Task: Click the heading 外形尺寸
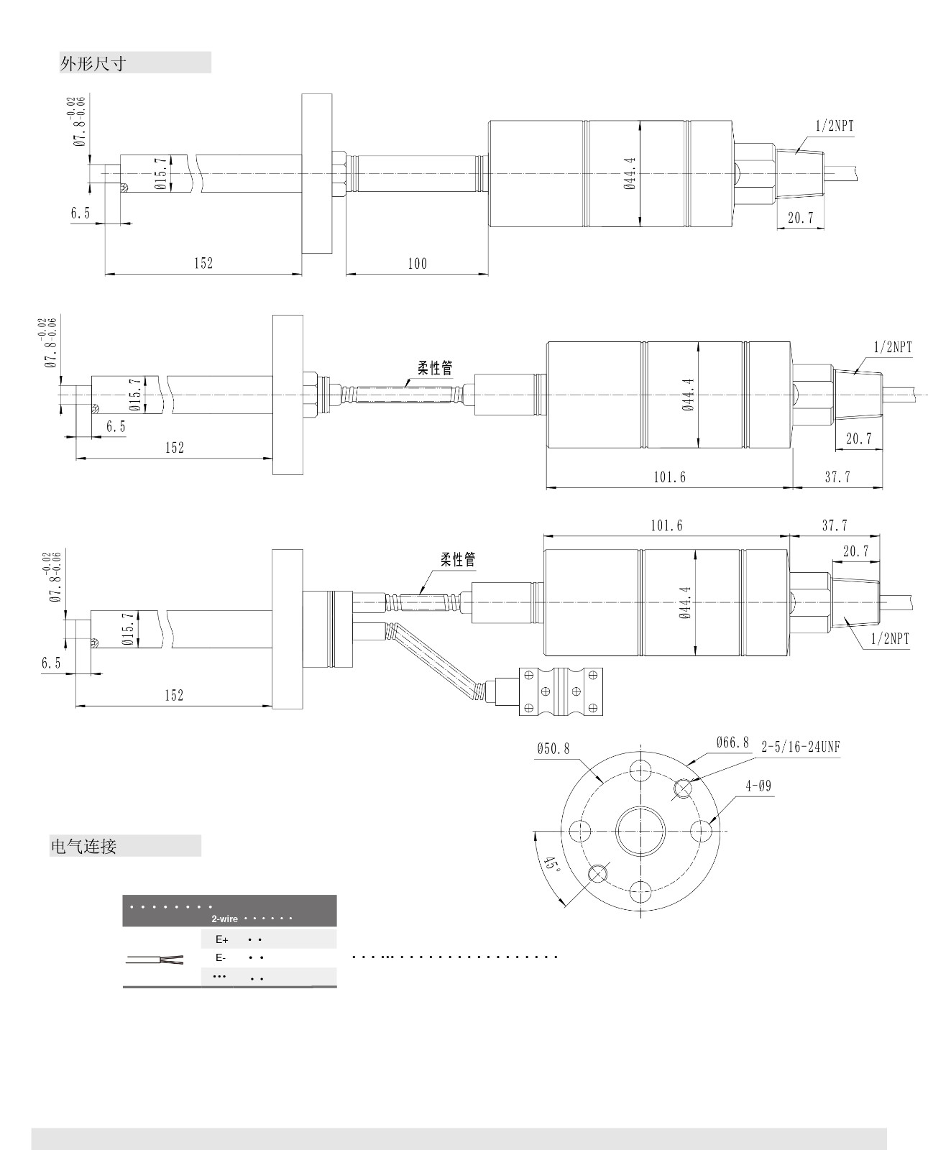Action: tap(93, 63)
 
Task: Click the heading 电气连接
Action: tap(83, 846)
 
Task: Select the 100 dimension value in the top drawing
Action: tap(417, 264)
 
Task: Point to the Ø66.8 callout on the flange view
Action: tap(732, 742)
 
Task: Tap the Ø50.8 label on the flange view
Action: tap(552, 749)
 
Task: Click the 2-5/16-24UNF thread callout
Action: tap(800, 747)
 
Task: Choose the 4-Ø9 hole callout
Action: tap(758, 786)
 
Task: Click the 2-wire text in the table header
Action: tap(224, 919)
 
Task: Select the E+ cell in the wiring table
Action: tap(221, 939)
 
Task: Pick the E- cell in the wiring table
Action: tap(221, 958)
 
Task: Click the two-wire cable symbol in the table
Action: tap(155, 960)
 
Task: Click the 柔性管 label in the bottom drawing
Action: tap(458, 559)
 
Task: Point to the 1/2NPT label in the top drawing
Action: tap(835, 126)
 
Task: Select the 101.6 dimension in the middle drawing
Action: tap(669, 477)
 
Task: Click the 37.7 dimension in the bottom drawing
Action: tap(834, 526)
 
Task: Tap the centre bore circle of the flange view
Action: tap(640, 831)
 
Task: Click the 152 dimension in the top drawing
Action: tap(203, 264)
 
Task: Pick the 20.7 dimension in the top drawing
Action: tap(800, 218)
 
